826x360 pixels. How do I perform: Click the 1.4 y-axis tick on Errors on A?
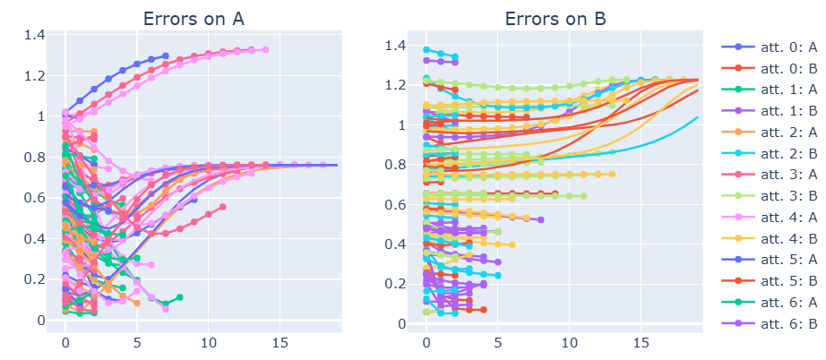tap(35, 35)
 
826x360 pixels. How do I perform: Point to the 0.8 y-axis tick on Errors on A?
tap(35, 158)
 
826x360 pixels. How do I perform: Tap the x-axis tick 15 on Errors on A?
tap(280, 344)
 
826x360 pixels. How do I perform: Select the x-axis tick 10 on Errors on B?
tap(570, 344)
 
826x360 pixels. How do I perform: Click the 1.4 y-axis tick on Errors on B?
tap(394, 47)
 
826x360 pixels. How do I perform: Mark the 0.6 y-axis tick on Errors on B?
tap(394, 205)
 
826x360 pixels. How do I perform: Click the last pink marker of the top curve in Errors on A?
tap(265, 49)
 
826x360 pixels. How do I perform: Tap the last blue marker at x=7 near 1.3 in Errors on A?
tap(166, 56)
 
